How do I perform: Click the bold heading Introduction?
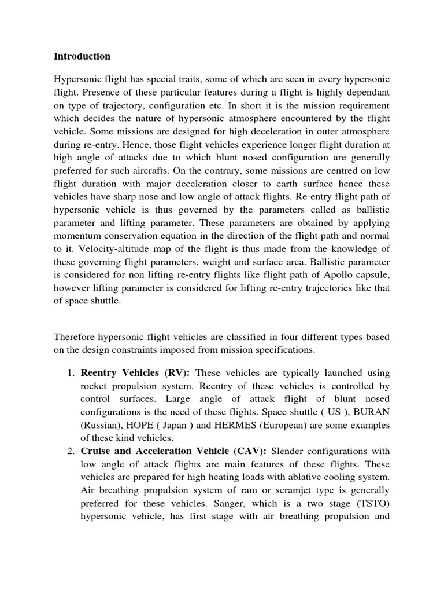pos(82,57)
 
